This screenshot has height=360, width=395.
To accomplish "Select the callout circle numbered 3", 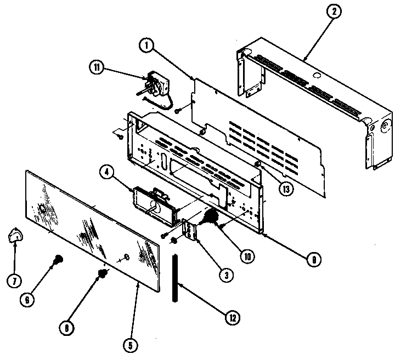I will pos(223,276).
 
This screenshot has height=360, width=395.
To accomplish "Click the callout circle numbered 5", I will pos(129,346).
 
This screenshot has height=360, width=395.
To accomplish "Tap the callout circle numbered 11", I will pos(97,68).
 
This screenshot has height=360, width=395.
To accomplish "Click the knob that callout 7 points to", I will pos(16,237).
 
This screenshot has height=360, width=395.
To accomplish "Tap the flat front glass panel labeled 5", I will pos(93,219).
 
